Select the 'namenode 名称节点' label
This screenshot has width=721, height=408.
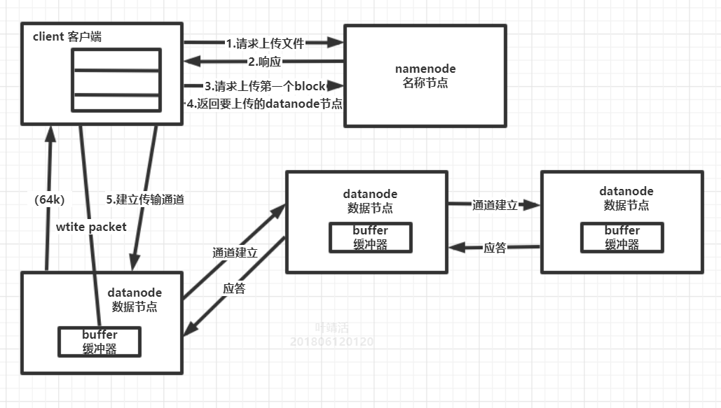(x=425, y=76)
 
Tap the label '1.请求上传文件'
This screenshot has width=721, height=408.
(x=265, y=43)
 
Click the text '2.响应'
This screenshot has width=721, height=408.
(x=264, y=62)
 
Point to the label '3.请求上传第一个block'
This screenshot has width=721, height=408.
(x=265, y=87)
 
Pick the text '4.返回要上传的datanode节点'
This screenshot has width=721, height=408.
(x=264, y=104)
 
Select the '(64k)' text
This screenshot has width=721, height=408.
(x=49, y=199)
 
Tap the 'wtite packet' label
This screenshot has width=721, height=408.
(x=91, y=227)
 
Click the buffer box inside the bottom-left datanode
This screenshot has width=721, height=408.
(x=99, y=342)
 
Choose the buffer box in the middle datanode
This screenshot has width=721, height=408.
(x=370, y=237)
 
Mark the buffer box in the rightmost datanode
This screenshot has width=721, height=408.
(x=622, y=237)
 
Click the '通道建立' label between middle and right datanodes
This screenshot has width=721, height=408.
(x=495, y=205)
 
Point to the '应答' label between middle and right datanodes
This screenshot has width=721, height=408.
(x=495, y=247)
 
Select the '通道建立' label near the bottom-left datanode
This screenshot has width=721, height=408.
(x=235, y=253)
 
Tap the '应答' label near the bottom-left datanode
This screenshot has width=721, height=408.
(x=234, y=288)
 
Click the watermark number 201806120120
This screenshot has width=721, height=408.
(x=332, y=342)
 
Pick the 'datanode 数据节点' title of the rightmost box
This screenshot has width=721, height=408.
(x=626, y=198)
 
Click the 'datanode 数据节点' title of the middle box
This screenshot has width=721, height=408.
(x=370, y=200)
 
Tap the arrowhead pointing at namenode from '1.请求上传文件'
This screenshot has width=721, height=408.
(x=336, y=43)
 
